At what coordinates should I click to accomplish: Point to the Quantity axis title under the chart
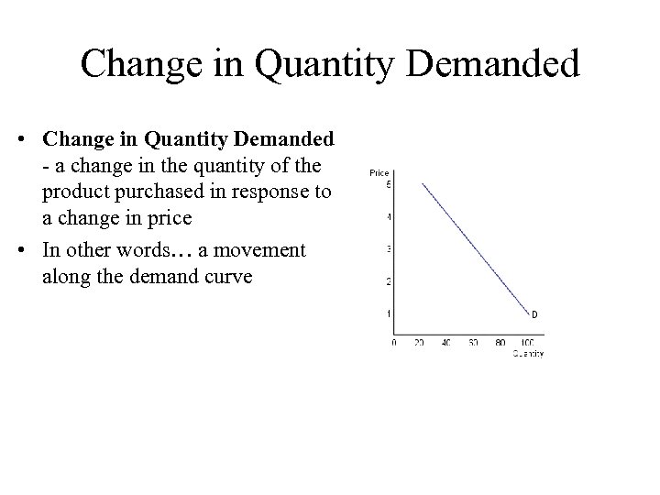[528, 354]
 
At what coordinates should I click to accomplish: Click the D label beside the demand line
[534, 316]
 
